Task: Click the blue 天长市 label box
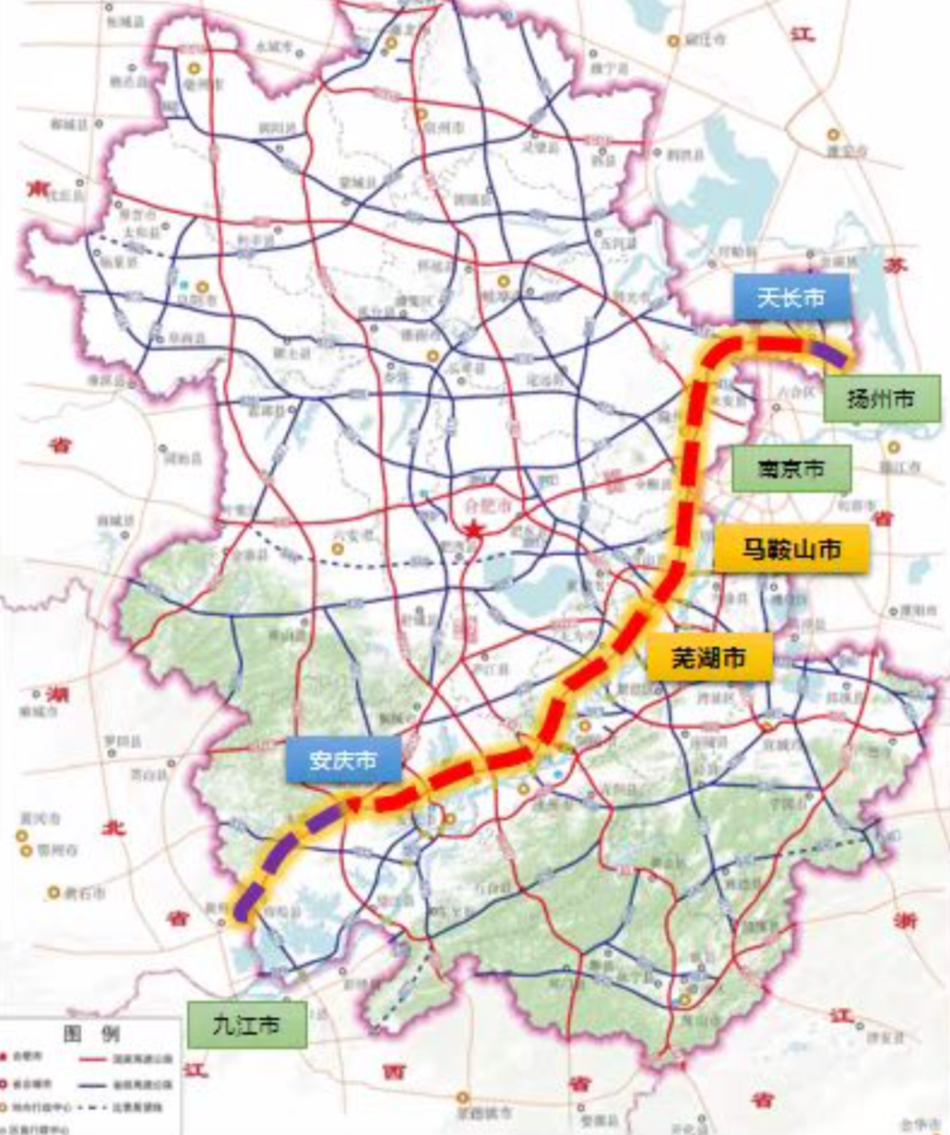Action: pyautogui.click(x=791, y=298)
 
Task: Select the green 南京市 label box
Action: pyautogui.click(x=790, y=468)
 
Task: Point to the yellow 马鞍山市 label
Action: pyautogui.click(x=790, y=548)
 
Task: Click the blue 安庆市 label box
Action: pyautogui.click(x=343, y=760)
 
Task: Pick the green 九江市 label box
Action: pyautogui.click(x=247, y=1025)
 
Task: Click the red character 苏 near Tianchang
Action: pyautogui.click(x=894, y=265)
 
